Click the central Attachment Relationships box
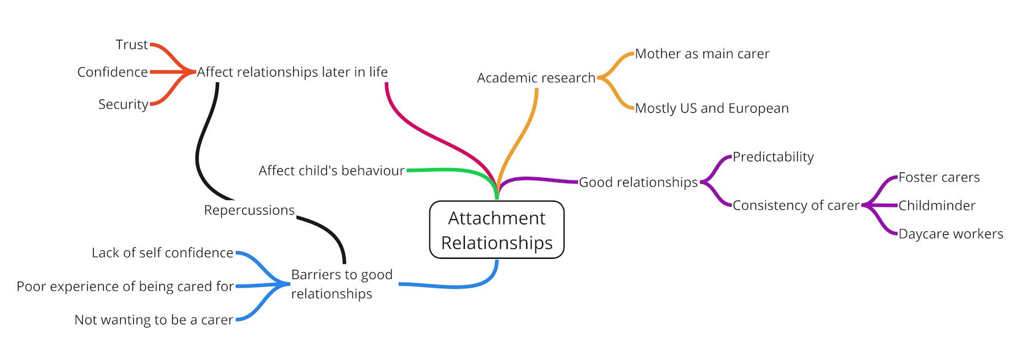tap(497, 230)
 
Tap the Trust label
tap(132, 45)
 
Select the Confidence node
tap(113, 72)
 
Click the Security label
tap(123, 104)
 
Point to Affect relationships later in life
tap(292, 72)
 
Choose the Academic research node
tap(536, 78)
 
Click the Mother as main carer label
tap(702, 54)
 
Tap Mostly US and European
tap(711, 109)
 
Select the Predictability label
tap(773, 157)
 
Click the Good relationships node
tap(638, 182)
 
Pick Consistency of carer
tap(795, 205)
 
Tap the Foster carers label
tap(938, 178)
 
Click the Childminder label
tap(936, 206)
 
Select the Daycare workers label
tap(951, 234)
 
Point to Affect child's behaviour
tap(331, 170)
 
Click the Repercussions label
tap(249, 210)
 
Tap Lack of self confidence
tap(163, 253)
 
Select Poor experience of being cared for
tap(125, 286)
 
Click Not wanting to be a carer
tap(153, 320)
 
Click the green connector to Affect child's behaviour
tap(448, 170)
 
